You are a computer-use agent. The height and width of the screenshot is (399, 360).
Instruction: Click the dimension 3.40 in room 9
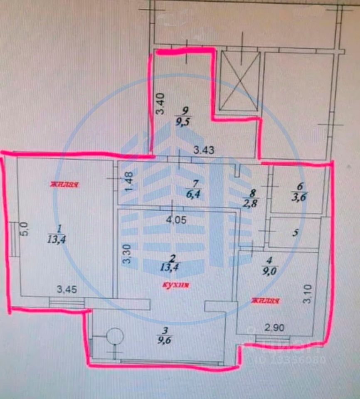(160, 104)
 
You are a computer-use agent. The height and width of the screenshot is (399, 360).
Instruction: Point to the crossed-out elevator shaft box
(239, 81)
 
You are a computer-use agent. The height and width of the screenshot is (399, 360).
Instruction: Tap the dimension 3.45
(67, 288)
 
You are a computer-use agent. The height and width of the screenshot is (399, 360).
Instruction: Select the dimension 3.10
(307, 294)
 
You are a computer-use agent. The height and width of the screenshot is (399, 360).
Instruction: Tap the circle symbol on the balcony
(115, 336)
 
